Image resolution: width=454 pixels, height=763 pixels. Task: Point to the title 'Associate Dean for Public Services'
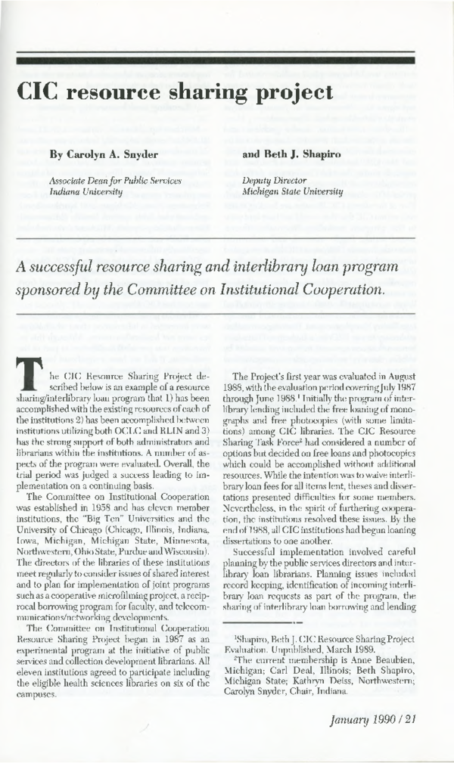tap(116, 181)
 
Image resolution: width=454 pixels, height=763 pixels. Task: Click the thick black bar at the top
tap(226, 58)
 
